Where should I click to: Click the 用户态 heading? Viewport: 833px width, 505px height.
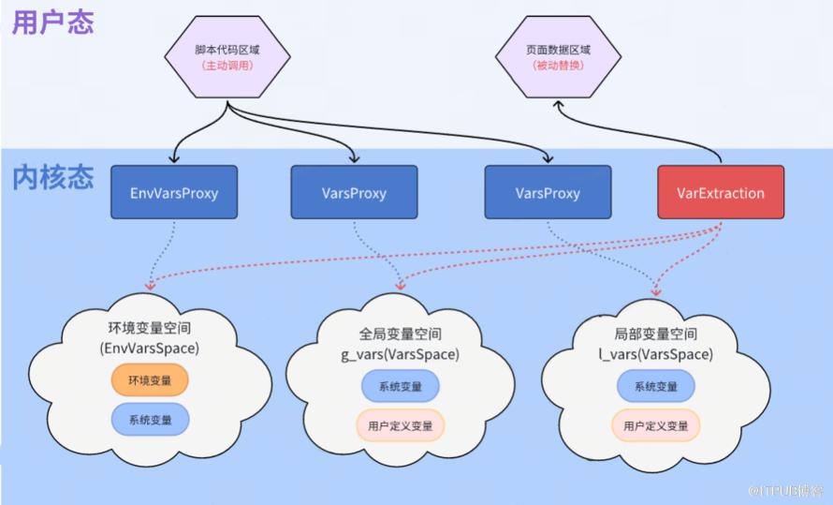pos(52,23)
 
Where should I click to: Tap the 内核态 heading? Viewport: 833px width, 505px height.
pos(52,177)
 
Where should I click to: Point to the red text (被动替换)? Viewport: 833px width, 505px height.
pos(557,67)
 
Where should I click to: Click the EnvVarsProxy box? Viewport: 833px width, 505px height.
pos(174,193)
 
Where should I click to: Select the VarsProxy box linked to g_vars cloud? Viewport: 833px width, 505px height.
pos(354,193)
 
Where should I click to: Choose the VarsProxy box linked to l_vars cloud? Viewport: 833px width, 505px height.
pos(548,193)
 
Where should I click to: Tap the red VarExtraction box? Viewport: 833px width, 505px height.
pos(721,193)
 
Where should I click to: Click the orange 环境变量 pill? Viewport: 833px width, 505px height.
pos(150,380)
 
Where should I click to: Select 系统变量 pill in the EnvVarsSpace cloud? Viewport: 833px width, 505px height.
pos(150,420)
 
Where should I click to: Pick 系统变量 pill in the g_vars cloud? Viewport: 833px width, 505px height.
pos(400,387)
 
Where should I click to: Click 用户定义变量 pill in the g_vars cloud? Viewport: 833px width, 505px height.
pos(400,425)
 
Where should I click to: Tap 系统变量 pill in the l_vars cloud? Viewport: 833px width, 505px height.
pos(655,387)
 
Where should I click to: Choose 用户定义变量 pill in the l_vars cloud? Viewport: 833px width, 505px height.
pos(655,425)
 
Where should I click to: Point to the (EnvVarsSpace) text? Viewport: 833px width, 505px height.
pos(150,348)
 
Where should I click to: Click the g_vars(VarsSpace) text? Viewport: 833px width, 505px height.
pos(400,354)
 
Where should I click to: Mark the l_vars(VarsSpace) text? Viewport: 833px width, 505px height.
pos(655,354)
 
